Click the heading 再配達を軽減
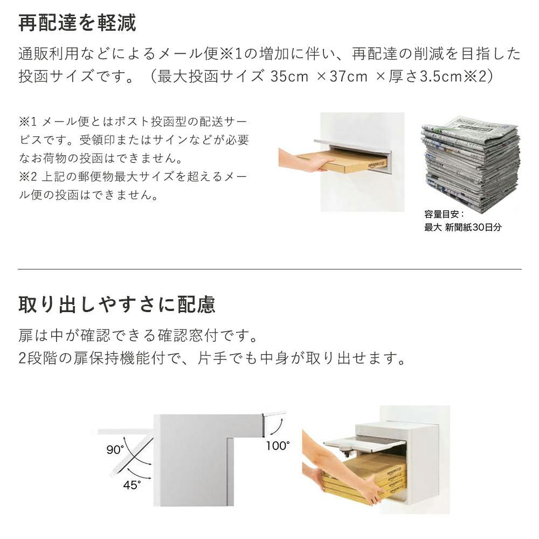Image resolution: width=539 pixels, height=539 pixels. coord(77,23)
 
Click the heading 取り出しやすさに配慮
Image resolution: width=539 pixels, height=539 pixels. coord(117,305)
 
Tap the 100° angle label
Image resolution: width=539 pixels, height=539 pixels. coord(278,446)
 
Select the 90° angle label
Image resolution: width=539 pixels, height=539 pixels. coord(115,450)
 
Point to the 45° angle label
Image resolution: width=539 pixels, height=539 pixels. coord(132,485)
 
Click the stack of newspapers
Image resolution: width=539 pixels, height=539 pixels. coord(471,164)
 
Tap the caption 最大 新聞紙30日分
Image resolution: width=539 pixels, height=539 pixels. coord(462,227)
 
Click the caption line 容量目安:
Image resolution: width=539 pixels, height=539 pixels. coord(444,214)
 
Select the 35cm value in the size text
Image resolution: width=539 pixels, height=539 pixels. coord(289,77)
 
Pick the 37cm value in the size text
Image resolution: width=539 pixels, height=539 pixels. coord(349,77)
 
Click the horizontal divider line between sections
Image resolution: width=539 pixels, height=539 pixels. coord(270,269)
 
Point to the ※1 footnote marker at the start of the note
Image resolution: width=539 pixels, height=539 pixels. coord(27,121)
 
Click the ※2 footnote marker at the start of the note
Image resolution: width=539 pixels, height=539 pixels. coord(27,177)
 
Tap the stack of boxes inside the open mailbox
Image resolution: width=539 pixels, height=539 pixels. coord(364,476)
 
